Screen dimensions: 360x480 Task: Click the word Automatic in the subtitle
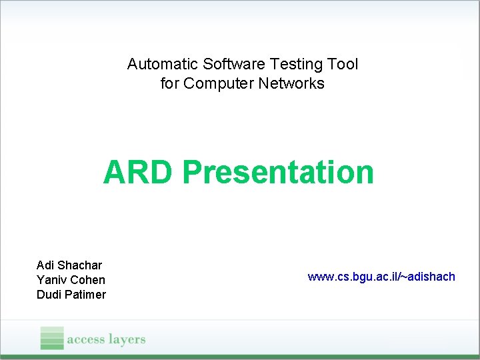coord(155,65)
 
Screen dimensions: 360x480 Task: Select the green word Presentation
coord(278,172)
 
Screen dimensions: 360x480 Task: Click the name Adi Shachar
coord(69,265)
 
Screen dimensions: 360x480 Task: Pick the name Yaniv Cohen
coord(71,280)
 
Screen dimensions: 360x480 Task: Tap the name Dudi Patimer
coord(71,295)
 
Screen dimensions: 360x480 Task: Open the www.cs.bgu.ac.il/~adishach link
coord(381,276)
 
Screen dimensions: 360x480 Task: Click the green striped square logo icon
coord(52,338)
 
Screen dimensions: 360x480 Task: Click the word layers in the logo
coord(125,339)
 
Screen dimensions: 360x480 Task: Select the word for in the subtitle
coord(170,84)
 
